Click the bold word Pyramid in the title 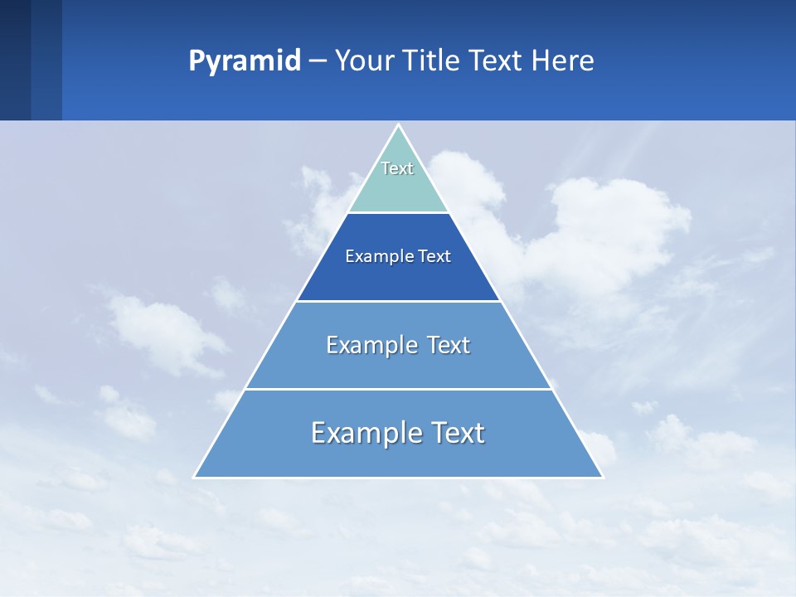coord(245,61)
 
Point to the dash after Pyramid coord(318,61)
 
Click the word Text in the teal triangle coord(397,168)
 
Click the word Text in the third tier coord(449,345)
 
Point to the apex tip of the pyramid coord(399,126)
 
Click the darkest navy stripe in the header coord(15,61)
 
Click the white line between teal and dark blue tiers coord(398,213)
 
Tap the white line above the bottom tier coord(398,389)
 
